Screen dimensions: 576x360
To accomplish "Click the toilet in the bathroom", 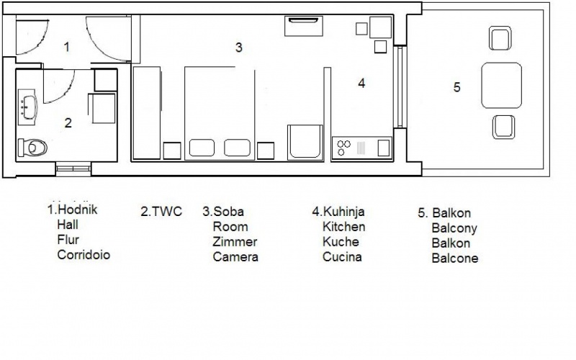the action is pos(32,148).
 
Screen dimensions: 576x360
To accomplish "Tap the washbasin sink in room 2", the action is pos(29,107).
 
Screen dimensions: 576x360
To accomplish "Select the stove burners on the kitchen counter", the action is pos(344,148).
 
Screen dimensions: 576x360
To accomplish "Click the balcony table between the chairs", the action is pos(501,85).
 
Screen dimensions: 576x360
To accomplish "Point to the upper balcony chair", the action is pos(500,38).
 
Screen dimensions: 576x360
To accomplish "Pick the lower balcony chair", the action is pos(503,127).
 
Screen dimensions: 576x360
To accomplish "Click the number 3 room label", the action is pos(239,48).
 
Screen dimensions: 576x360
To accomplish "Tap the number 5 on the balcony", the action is pos(456,87).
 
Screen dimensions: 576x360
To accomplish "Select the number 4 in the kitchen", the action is pos(361,84).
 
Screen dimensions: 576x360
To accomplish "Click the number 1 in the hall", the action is pos(66,47).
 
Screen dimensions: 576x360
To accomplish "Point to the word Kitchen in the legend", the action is pos(344,227).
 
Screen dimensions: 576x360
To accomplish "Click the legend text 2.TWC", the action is pos(161,212).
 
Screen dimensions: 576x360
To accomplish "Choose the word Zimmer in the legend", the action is pos(235,242).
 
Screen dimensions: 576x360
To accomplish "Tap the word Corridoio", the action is pos(84,255).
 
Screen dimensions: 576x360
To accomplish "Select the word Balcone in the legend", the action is pos(455,258).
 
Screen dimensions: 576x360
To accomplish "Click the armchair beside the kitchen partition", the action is pos(305,143).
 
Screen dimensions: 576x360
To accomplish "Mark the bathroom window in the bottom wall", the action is pos(73,168).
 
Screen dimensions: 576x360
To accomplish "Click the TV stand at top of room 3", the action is pos(303,26).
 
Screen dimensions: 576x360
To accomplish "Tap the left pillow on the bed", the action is pos(202,148).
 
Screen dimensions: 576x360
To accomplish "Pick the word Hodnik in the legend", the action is pos(78,210).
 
